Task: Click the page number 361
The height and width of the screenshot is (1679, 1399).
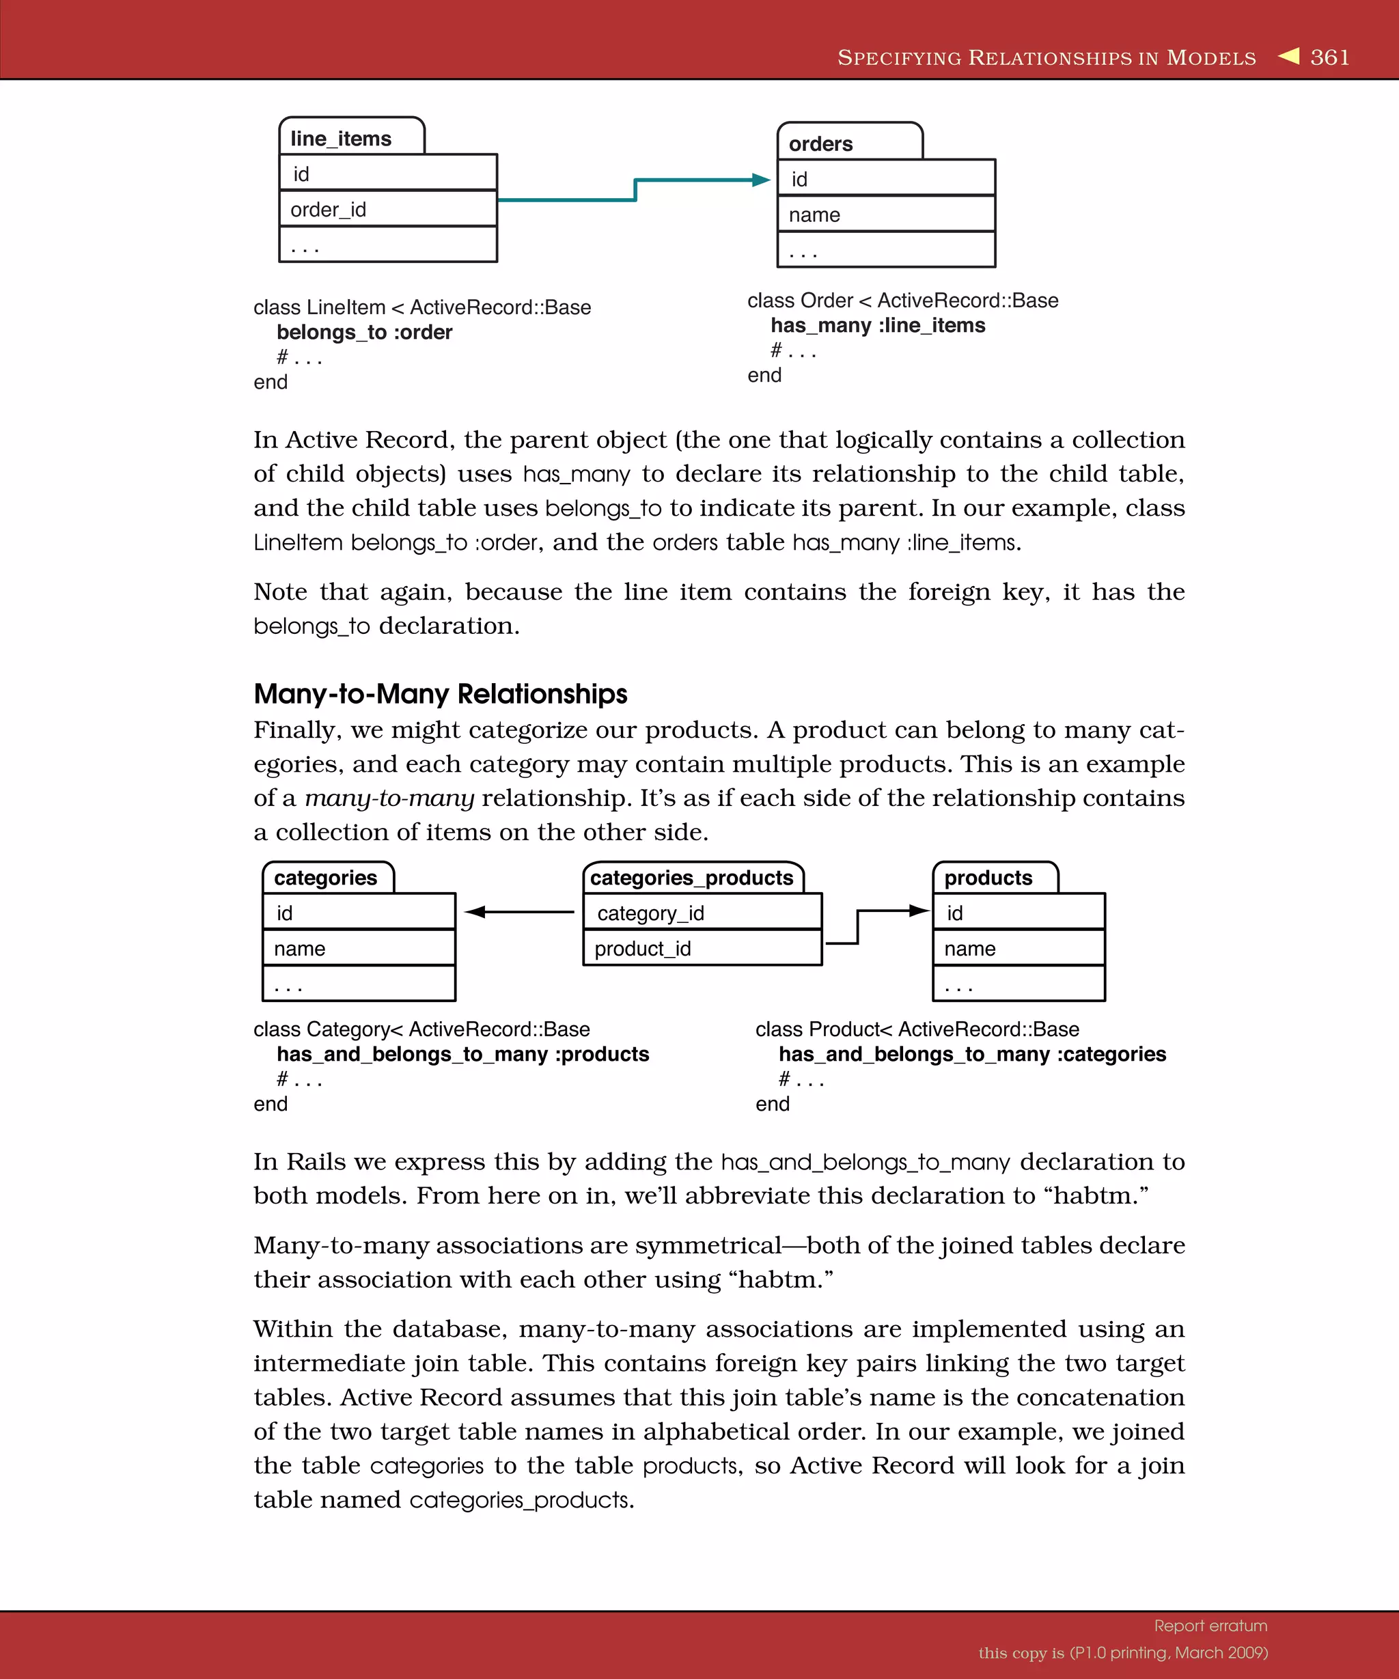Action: [1329, 57]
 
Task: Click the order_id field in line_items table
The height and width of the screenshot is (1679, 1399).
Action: [328, 210]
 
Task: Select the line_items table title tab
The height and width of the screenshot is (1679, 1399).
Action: [342, 138]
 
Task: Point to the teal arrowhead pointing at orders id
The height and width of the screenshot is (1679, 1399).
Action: [760, 180]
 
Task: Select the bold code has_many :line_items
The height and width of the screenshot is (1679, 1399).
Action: [877, 325]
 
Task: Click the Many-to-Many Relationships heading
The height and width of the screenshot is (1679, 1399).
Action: [440, 693]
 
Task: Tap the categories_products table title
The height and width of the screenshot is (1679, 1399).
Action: [691, 878]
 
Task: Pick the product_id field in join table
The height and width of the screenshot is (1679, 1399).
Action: [642, 949]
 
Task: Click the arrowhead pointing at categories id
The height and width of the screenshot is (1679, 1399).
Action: [475, 911]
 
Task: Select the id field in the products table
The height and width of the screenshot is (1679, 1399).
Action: [954, 913]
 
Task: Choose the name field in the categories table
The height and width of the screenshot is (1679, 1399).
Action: [300, 949]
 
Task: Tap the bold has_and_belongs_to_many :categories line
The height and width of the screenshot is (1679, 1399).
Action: [971, 1055]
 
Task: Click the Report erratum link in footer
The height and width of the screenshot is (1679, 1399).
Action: [1210, 1626]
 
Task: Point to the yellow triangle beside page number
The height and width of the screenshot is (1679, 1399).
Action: [1289, 56]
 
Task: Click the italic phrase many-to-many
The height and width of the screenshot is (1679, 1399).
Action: [389, 798]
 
